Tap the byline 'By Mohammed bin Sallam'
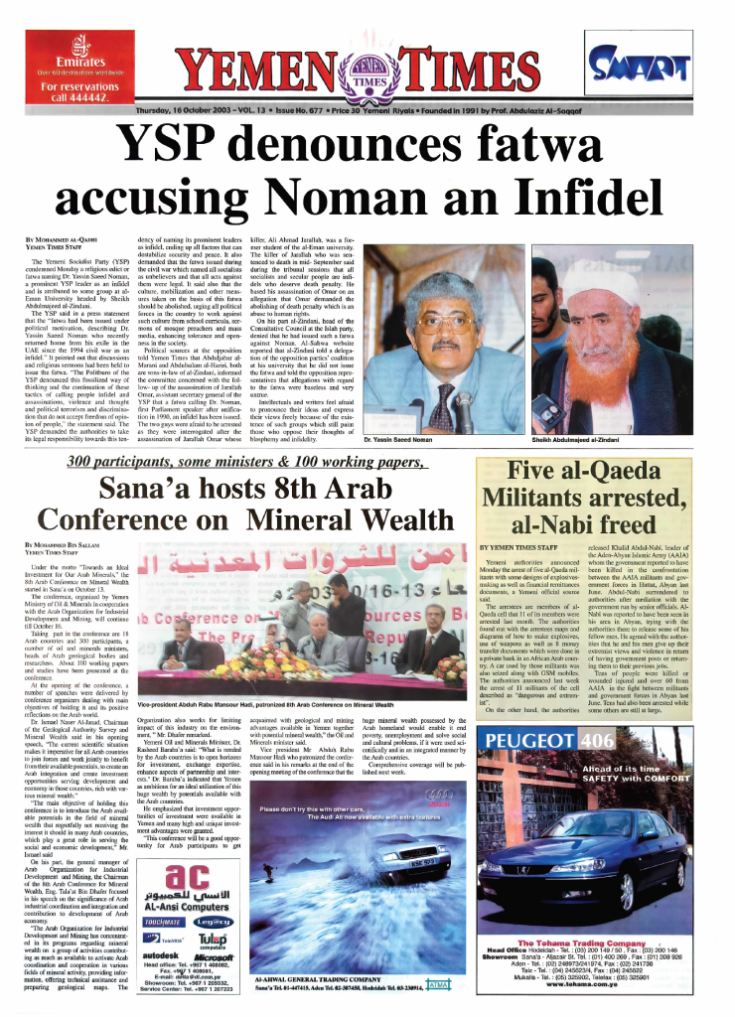63,545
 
